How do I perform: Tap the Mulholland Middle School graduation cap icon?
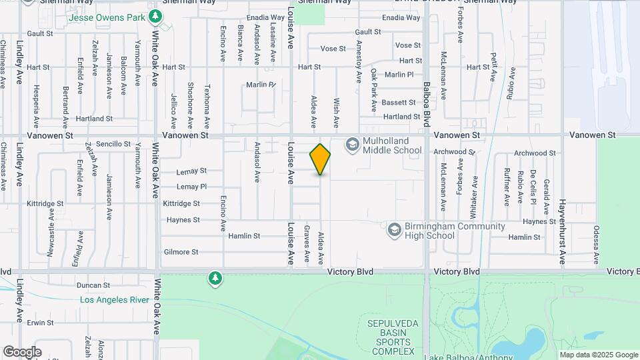tap(351, 144)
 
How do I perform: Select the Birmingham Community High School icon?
tap(394, 230)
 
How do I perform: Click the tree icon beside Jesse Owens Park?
tap(155, 15)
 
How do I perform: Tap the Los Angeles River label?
tap(115, 300)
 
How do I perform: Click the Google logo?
tap(22, 352)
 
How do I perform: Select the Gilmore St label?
tap(181, 252)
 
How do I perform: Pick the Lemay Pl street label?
tap(192, 187)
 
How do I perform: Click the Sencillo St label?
tap(113, 144)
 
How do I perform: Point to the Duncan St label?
tap(93, 285)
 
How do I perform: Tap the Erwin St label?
tap(41, 323)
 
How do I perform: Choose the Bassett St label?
tap(399, 103)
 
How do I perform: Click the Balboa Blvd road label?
tap(427, 104)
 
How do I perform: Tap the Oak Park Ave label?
tap(374, 91)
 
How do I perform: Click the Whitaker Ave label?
tap(475, 193)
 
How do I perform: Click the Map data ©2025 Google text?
tap(599, 355)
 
